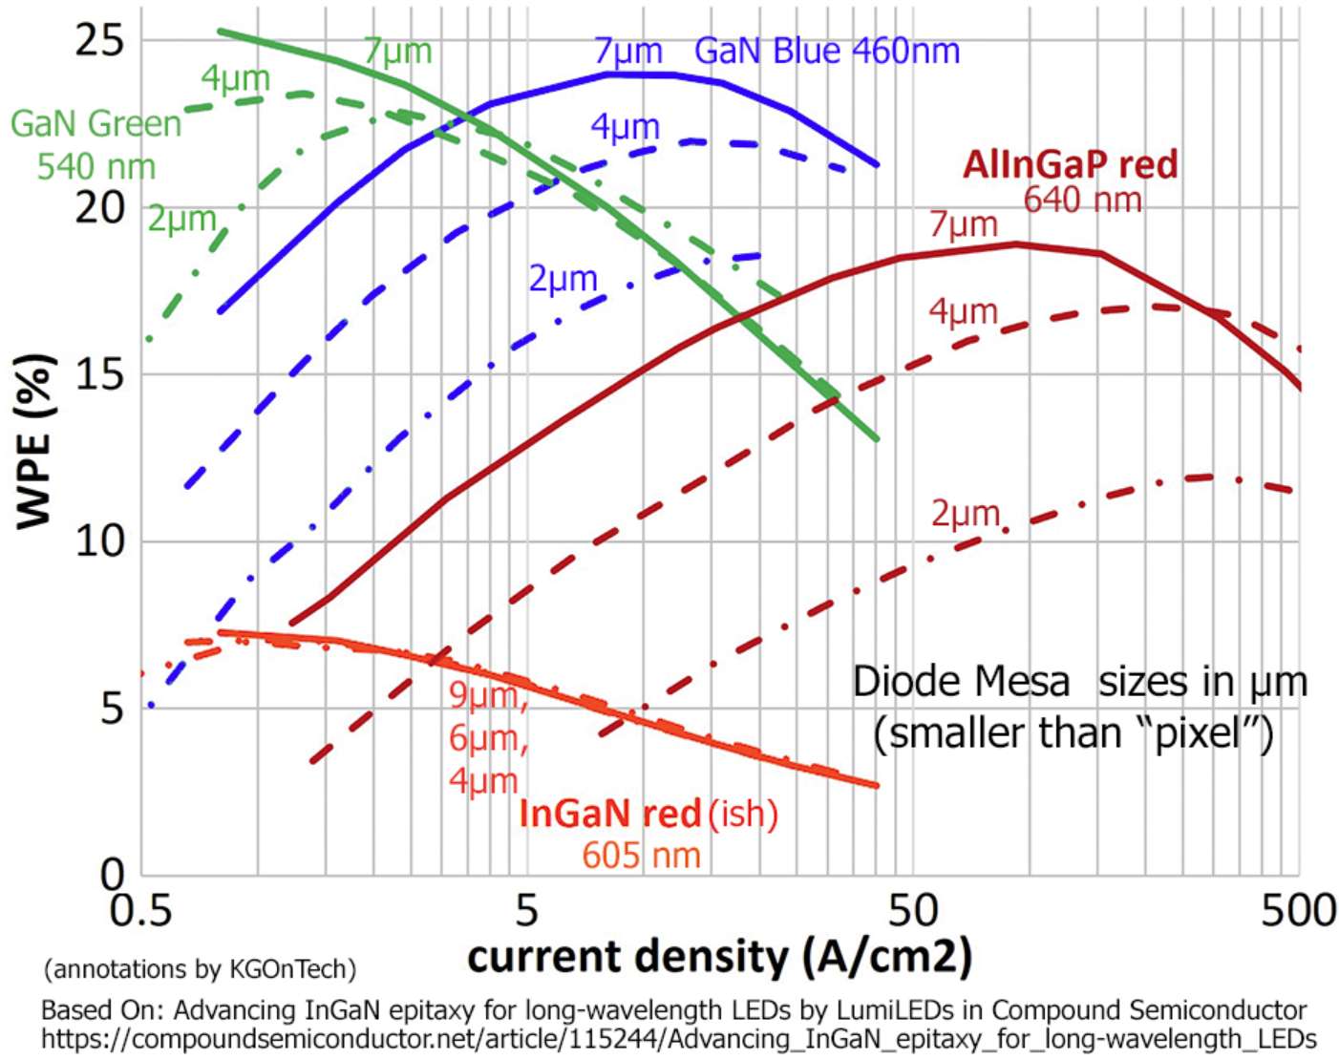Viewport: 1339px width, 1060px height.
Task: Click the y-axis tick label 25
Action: coord(99,40)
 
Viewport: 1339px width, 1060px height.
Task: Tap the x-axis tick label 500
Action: coord(1298,910)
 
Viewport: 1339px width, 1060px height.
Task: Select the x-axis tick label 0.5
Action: coord(141,910)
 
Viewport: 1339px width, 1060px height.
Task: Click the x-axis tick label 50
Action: coord(913,910)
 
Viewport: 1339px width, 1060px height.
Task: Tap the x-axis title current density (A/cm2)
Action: coord(719,957)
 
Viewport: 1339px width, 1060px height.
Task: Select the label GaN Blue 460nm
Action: coord(827,51)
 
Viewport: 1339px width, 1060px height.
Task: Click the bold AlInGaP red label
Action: coord(1070,164)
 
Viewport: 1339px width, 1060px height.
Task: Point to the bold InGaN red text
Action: coord(610,814)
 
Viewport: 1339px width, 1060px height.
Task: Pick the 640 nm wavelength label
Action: coord(1082,201)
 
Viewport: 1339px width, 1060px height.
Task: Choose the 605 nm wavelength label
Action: coord(641,855)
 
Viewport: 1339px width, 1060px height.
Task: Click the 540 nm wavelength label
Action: coord(96,167)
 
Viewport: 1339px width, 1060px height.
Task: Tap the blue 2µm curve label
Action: coord(563,279)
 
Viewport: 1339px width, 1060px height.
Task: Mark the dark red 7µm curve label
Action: coord(963,225)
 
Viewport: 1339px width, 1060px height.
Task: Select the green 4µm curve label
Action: coord(235,78)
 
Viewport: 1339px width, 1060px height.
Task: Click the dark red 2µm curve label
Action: coord(965,514)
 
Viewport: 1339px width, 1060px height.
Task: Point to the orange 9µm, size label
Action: coord(488,696)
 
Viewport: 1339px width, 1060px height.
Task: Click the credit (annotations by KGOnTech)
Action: coord(200,969)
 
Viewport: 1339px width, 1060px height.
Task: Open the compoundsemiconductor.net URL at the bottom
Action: coord(678,1039)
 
